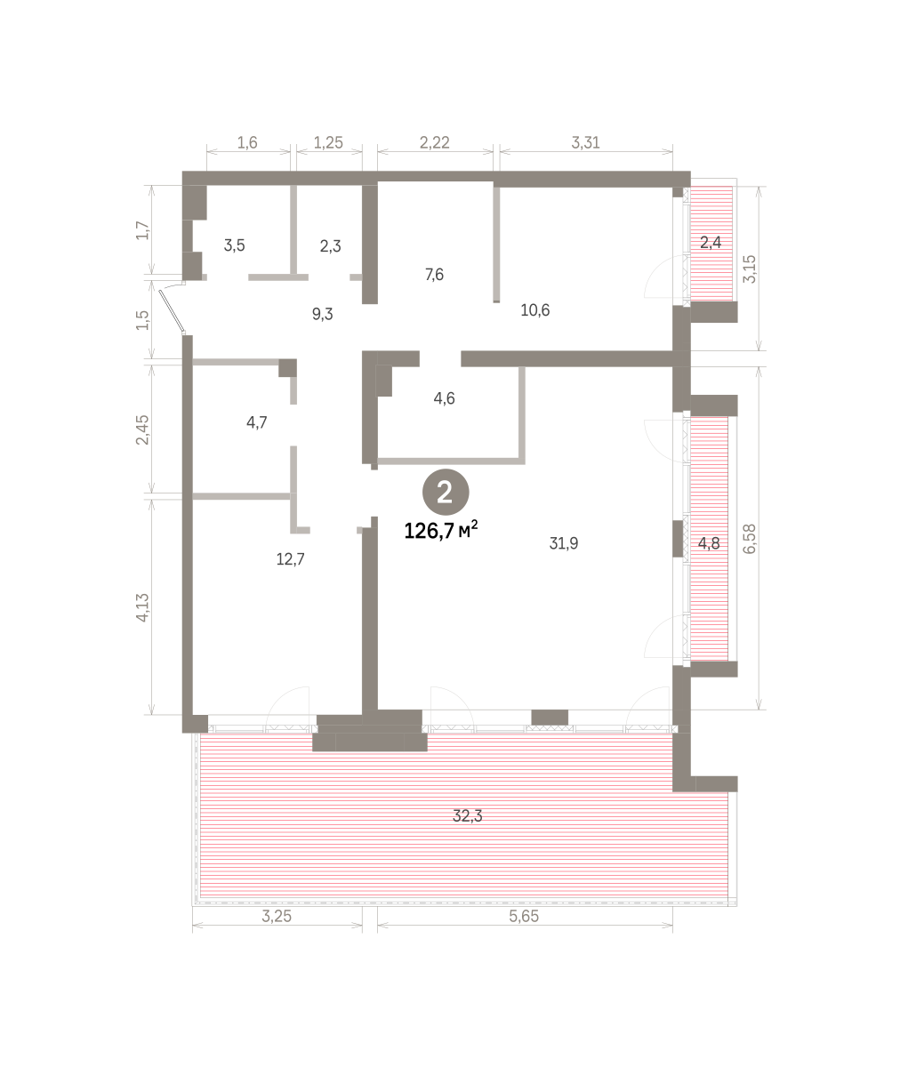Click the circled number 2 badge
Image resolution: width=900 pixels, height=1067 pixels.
tap(446, 493)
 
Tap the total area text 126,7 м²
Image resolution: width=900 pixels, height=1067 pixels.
tap(441, 531)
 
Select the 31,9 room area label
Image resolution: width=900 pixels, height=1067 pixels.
tap(564, 543)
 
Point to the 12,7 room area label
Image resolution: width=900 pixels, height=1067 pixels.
tap(290, 559)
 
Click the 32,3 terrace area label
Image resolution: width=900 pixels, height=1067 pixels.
tap(467, 816)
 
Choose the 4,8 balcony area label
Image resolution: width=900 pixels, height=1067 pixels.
tap(709, 543)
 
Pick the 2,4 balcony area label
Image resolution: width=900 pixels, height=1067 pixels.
tap(711, 242)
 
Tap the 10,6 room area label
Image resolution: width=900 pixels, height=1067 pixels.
tap(535, 310)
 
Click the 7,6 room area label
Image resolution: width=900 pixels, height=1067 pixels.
tap(434, 275)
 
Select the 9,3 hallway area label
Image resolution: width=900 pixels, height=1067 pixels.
tap(323, 314)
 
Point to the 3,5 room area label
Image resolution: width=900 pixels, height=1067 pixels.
tap(235, 245)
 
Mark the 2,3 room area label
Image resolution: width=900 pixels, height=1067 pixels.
tap(331, 246)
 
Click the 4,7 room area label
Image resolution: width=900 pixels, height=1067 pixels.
tap(256, 422)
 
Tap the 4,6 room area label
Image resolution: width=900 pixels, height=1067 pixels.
tap(444, 398)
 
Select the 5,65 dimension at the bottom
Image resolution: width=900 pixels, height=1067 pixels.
tap(524, 916)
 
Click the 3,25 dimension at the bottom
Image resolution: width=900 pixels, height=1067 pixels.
tap(277, 916)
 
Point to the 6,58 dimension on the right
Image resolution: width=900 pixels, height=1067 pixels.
tap(749, 539)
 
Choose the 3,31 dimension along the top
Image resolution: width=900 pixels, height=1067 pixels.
tap(585, 142)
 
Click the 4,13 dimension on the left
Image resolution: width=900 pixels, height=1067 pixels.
tap(142, 607)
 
